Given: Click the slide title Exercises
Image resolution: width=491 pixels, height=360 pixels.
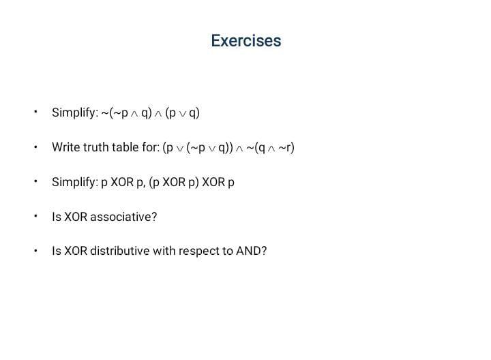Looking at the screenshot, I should coord(245,41).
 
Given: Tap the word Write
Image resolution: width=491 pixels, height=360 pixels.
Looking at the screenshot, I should coord(66,147).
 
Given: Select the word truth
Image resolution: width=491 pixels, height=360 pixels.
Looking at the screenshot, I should coord(98,147).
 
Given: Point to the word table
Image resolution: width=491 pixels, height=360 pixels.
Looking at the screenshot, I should coord(128,147).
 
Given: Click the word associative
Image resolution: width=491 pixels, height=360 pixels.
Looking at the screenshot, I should coord(123,217).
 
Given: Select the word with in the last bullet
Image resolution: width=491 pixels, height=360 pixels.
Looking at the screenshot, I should coord(164,251).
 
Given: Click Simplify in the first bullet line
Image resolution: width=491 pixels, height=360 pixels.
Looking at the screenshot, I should coord(74,112).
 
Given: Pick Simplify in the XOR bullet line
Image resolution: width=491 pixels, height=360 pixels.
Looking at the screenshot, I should coord(74,182).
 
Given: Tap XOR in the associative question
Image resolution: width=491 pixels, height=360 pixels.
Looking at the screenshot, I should coord(76,217).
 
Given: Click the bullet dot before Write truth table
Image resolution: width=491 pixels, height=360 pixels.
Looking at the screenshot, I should coord(35,147).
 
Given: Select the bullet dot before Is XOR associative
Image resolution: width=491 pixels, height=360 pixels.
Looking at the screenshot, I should coord(35,216).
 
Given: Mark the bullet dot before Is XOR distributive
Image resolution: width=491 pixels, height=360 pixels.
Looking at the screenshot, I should coord(35,250).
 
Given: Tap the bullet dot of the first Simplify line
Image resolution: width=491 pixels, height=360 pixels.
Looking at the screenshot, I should coord(35,112).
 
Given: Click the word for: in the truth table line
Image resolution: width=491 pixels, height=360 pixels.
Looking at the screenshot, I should coord(150,147).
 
